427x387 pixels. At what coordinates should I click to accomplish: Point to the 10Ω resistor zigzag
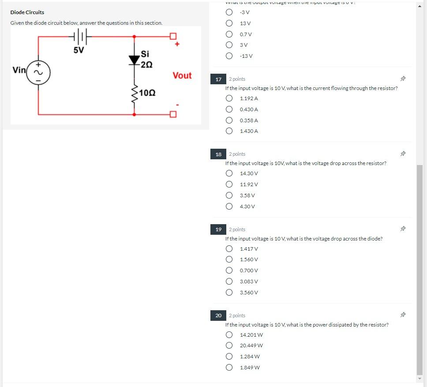[x=134, y=93]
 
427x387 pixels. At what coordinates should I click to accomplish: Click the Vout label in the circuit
[x=182, y=75]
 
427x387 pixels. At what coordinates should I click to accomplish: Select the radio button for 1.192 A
[x=229, y=98]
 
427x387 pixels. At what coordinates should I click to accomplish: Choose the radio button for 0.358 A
[x=229, y=120]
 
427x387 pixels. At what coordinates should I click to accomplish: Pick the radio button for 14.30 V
[x=229, y=173]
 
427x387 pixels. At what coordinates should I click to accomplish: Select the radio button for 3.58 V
[x=229, y=195]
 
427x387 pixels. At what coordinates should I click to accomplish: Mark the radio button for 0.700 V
[x=229, y=271]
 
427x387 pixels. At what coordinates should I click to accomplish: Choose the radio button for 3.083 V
[x=229, y=281]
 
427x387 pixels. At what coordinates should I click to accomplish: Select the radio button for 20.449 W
[x=229, y=346]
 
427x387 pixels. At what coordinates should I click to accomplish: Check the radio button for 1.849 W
[x=229, y=367]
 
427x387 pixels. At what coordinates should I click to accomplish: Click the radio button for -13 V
[x=229, y=56]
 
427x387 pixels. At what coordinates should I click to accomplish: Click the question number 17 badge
[x=218, y=79]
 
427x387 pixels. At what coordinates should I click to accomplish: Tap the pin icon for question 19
[x=402, y=229]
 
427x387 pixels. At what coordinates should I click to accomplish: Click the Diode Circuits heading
[x=27, y=12]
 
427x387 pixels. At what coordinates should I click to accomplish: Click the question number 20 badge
[x=218, y=316]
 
